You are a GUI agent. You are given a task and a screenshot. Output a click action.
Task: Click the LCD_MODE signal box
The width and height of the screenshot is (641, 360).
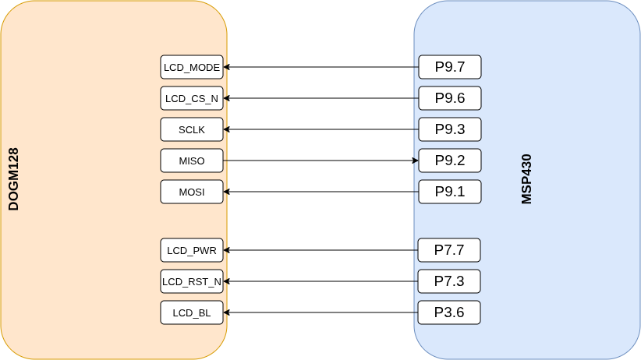pos(192,67)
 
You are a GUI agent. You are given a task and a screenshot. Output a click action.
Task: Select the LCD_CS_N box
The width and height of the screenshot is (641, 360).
pos(192,98)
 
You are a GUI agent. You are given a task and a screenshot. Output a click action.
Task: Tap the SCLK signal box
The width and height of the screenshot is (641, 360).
pos(192,129)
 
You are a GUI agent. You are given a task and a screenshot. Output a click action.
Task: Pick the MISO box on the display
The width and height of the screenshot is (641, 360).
pos(192,161)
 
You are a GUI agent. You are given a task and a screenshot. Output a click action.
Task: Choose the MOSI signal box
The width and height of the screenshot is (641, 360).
pos(192,192)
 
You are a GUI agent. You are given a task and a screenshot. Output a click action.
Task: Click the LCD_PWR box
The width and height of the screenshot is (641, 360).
pos(192,250)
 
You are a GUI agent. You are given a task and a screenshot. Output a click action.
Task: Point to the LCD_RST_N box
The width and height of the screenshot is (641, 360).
pos(192,281)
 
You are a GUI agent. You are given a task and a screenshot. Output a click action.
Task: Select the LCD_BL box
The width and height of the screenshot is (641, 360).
pos(192,312)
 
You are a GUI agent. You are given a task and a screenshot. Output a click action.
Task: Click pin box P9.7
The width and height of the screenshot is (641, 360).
pos(450,67)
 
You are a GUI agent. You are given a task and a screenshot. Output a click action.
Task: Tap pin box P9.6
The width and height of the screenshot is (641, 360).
pos(450,98)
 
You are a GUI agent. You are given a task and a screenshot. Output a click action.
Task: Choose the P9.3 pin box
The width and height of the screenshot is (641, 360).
pos(450,129)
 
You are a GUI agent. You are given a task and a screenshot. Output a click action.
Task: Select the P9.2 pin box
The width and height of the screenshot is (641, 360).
pos(450,161)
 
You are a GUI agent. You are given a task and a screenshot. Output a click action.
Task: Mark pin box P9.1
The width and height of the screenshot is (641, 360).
pos(450,192)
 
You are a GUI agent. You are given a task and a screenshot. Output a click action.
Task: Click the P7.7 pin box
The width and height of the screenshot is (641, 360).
pos(449,250)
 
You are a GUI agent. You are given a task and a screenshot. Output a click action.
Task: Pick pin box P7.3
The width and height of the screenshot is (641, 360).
pos(449,281)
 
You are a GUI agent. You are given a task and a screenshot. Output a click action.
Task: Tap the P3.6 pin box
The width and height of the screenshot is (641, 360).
pos(449,312)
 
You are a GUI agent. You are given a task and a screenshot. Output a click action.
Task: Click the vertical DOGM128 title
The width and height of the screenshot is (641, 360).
pos(13,179)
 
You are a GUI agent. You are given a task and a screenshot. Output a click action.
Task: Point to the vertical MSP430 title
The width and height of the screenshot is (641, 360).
pos(526,179)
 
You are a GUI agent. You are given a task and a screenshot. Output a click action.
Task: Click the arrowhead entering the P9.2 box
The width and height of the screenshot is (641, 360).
pos(416,161)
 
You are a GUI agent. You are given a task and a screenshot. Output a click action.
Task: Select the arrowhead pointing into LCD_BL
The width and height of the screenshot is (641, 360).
pos(227,312)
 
